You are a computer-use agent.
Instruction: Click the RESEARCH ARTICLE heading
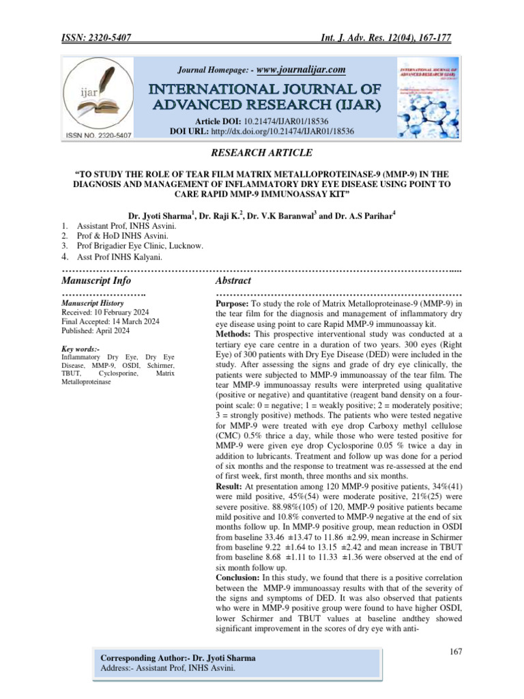[x=261, y=153]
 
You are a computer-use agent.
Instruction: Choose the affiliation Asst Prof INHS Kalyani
[x=124, y=257]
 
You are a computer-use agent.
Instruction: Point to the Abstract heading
[x=233, y=281]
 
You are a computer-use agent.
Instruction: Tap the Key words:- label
[x=81, y=349]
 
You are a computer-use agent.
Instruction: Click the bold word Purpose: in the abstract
[x=233, y=303]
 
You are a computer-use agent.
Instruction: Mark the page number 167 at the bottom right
[x=456, y=653]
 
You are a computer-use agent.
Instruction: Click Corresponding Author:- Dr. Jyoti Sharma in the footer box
[x=177, y=658]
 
